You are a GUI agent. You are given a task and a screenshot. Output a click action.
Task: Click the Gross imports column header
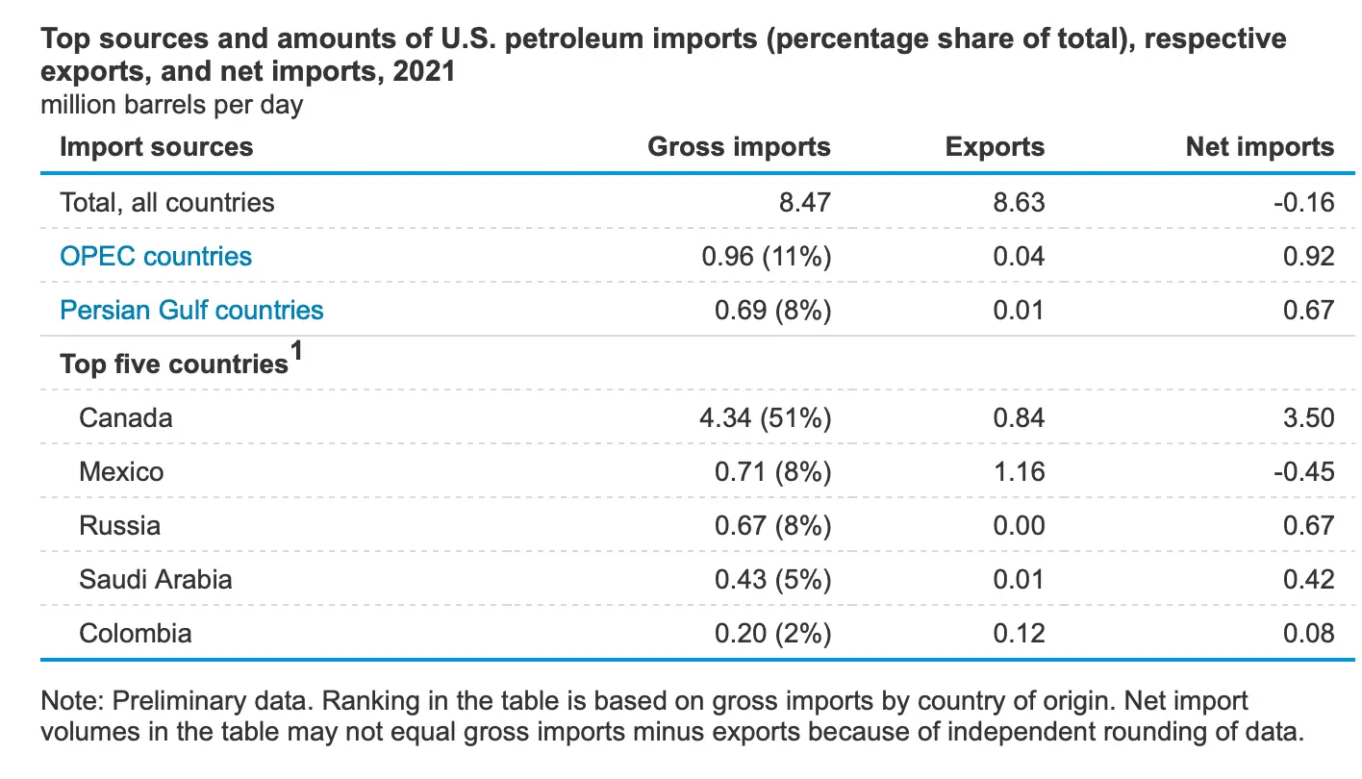pos(739,146)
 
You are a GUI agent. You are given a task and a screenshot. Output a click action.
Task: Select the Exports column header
pos(995,146)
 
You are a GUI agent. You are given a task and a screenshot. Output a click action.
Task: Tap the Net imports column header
pos(1260,146)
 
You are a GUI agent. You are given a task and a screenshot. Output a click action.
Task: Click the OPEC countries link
pos(156,256)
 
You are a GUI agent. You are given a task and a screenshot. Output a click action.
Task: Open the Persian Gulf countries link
pos(191,310)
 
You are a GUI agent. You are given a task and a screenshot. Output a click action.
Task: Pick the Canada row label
pos(126,417)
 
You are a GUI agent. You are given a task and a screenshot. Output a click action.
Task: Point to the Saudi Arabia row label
pos(156,579)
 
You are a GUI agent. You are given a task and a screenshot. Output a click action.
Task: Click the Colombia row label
pos(136,633)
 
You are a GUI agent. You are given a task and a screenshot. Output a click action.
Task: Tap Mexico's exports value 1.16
pos(1020,471)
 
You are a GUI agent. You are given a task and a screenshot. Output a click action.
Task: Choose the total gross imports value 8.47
pos(804,202)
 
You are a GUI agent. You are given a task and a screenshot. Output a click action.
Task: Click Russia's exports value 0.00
pos(1020,525)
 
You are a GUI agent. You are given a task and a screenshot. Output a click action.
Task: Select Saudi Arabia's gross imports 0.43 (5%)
pos(771,579)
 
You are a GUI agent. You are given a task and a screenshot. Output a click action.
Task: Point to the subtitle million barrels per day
pos(171,104)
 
